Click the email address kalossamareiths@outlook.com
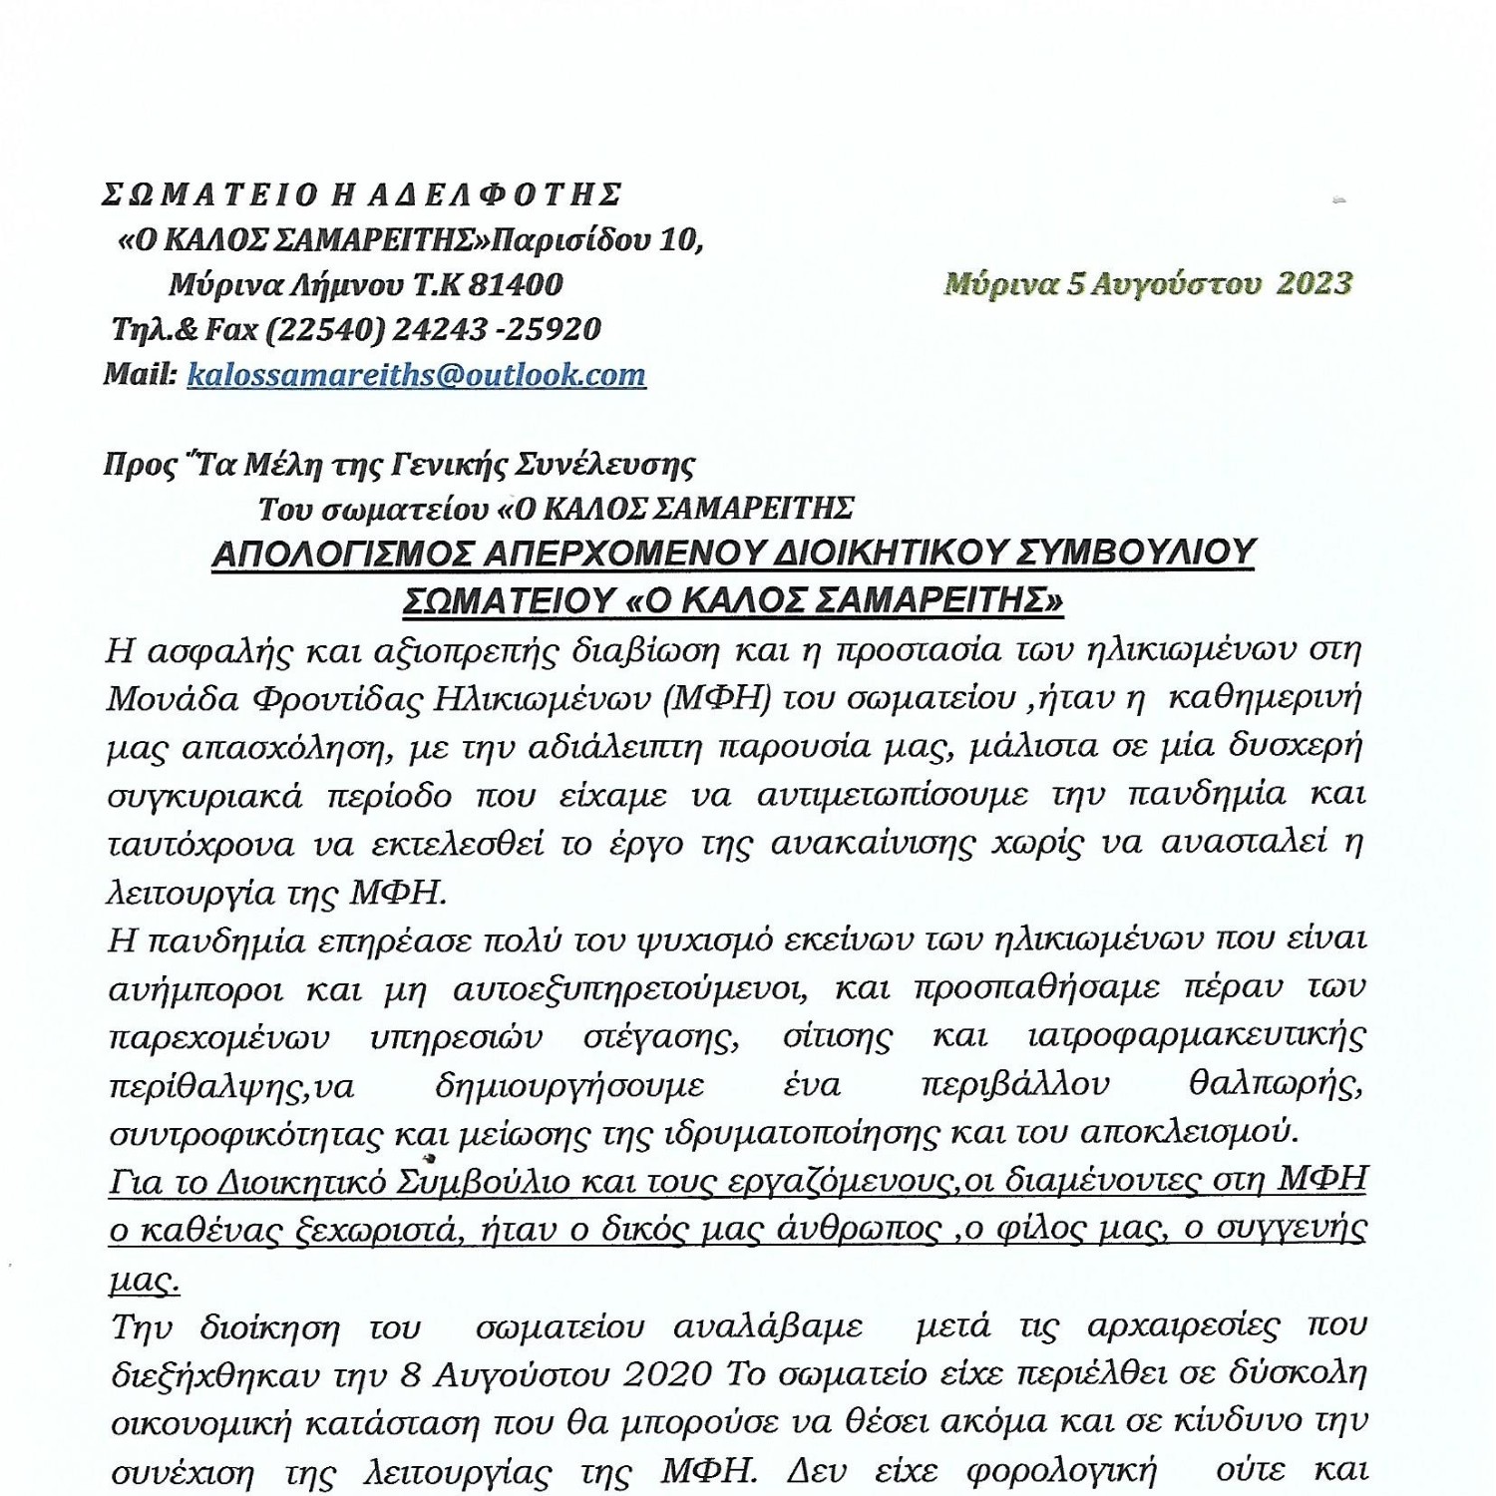(416, 375)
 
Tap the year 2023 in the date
(1313, 284)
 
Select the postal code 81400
(516, 285)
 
